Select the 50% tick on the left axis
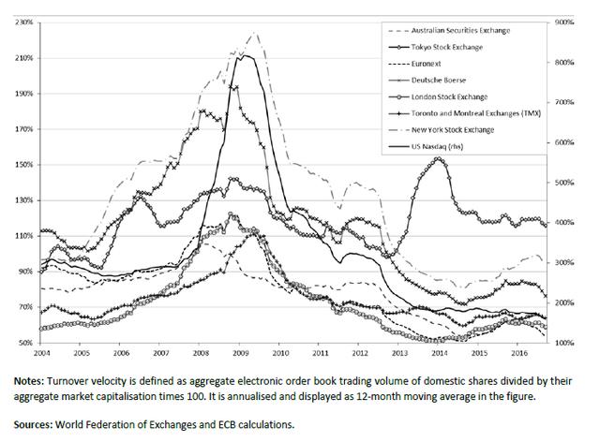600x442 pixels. pyautogui.click(x=23, y=343)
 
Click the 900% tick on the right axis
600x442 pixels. pyautogui.click(x=565, y=22)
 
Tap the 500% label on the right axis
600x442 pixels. pyautogui.click(x=565, y=182)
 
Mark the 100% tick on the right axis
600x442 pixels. pyautogui.click(x=565, y=343)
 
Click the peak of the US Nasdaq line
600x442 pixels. pyautogui.click(x=244, y=55)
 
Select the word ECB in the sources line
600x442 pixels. pyautogui.click(x=205, y=423)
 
